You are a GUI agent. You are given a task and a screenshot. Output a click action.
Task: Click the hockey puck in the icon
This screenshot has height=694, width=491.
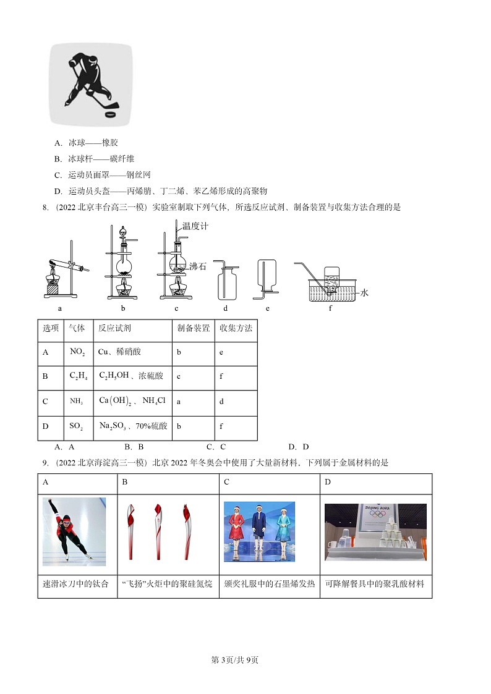coord(111,114)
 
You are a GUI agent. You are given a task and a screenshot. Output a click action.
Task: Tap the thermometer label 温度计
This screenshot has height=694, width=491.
coord(195,226)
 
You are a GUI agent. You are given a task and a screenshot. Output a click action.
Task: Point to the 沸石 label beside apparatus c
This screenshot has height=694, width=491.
coord(198,267)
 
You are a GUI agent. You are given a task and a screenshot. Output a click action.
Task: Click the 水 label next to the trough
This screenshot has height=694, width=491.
coord(364,292)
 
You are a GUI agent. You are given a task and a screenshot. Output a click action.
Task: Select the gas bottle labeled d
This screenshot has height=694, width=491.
coord(226,281)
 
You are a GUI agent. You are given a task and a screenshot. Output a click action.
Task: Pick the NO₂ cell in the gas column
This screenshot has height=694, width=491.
coord(77,352)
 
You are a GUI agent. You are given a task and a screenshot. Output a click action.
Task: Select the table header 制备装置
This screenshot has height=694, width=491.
coord(193,328)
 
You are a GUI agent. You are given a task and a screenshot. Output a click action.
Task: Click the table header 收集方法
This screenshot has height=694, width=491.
coord(236,328)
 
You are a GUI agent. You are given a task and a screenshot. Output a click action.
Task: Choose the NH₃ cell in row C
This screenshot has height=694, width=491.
coord(76,402)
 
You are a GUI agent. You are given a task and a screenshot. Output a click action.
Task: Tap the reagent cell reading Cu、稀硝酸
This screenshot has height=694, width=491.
coord(119,352)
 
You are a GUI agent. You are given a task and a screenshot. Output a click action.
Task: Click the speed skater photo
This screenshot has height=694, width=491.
coord(74,531)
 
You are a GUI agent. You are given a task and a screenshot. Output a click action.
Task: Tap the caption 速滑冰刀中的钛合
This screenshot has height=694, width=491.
coord(75,584)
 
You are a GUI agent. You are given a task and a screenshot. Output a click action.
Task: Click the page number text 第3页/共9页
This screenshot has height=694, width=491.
coord(235,660)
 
